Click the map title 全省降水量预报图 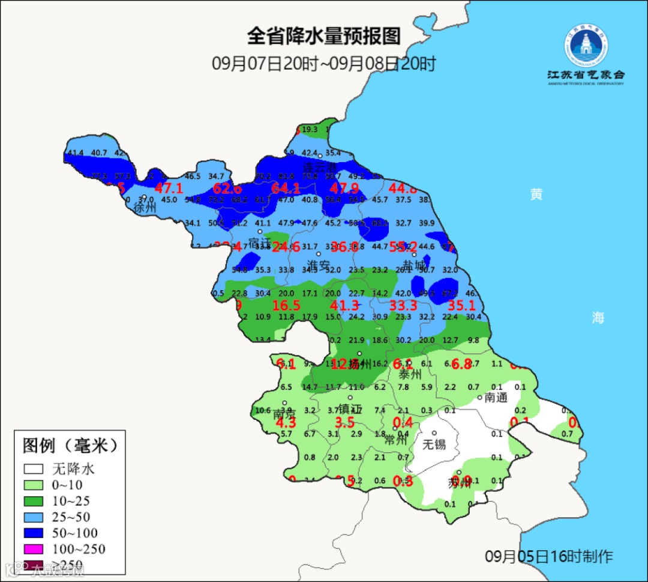(x=323, y=36)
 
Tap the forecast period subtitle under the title (x=323, y=63)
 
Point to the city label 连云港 (x=319, y=166)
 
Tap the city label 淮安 (x=319, y=265)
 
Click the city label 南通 (x=497, y=397)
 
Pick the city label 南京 (x=284, y=414)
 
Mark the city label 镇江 (x=351, y=409)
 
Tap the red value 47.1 (x=169, y=188)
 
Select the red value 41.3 (x=344, y=306)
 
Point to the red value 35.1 (x=461, y=306)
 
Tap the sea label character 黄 (x=536, y=194)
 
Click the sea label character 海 (x=598, y=318)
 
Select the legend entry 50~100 (x=74, y=533)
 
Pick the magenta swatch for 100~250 (x=34, y=549)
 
